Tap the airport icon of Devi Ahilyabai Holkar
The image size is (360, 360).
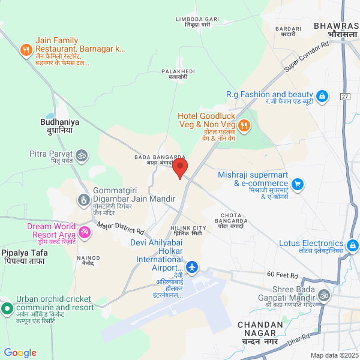click(x=192, y=266)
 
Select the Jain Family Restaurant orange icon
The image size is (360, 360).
click(x=25, y=49)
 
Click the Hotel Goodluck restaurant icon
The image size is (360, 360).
click(x=244, y=125)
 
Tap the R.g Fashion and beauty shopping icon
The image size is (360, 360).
click(x=322, y=95)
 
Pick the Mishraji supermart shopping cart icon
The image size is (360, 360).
click(x=299, y=184)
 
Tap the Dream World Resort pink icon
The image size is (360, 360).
click(x=85, y=231)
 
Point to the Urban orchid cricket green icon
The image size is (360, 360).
click(x=7, y=308)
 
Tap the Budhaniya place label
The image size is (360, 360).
click(x=60, y=125)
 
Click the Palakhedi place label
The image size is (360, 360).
click(x=179, y=74)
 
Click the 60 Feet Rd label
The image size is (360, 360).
click(x=283, y=275)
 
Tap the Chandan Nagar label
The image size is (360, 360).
click(x=260, y=329)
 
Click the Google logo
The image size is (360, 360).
click(x=20, y=353)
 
